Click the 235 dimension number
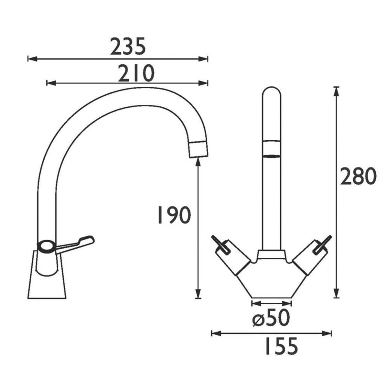[x=128, y=47]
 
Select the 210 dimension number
[x=136, y=73]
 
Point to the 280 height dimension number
[x=358, y=177]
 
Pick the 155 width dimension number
[x=280, y=346]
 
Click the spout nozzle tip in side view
[x=198, y=149]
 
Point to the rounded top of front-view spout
[x=272, y=94]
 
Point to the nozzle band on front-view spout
[x=272, y=149]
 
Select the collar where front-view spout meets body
[x=271, y=254]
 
